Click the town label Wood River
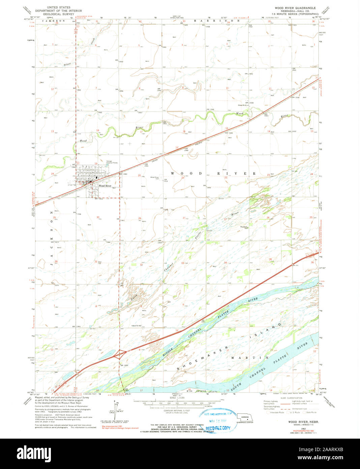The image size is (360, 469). [104, 186]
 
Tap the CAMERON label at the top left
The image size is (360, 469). [54, 21]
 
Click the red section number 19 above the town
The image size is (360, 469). [96, 164]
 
